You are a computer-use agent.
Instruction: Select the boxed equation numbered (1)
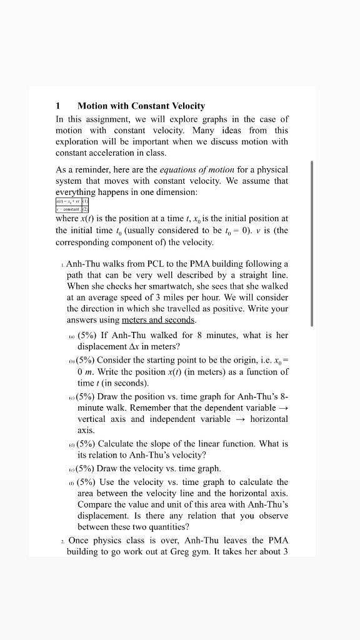[72, 201]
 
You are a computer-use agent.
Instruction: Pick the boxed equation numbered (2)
[72, 211]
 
